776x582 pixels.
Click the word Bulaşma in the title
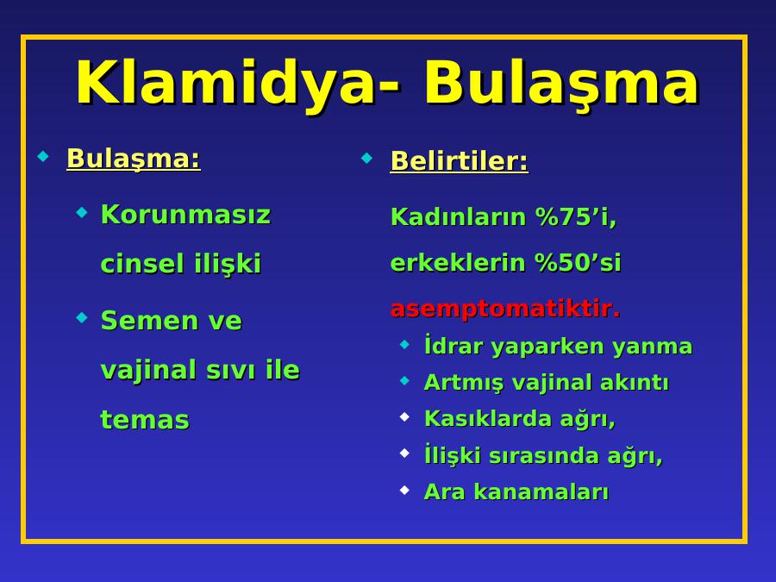pos(561,83)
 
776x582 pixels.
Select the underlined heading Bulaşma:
pos(134,159)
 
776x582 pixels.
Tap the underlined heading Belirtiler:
pos(460,161)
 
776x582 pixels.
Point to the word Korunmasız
pos(185,215)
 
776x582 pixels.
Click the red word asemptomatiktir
pos(505,309)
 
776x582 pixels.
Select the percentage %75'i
pos(576,216)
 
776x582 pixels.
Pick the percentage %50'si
pos(578,262)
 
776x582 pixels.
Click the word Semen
pos(146,320)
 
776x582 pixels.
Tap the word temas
pos(145,420)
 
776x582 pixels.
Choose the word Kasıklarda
pos(487,418)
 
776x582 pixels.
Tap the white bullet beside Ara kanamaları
pos(405,490)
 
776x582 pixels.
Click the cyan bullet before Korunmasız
pos(82,213)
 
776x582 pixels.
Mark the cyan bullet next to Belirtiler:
pos(366,159)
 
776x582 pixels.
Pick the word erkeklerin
pos(458,262)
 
